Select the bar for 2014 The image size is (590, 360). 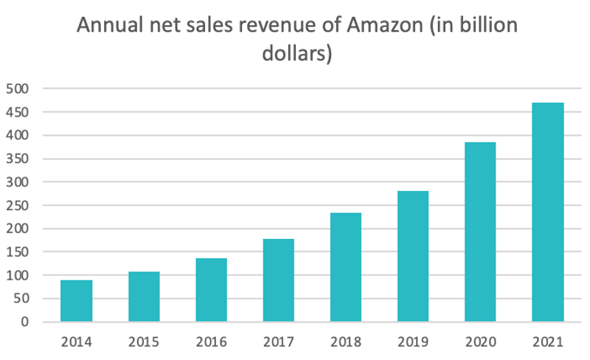[x=77, y=301]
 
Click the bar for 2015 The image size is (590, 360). [x=144, y=297]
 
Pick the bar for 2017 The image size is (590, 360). [x=278, y=280]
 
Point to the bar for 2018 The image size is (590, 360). [x=345, y=267]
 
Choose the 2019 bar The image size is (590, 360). [x=413, y=257]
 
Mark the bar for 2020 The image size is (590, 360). [x=480, y=232]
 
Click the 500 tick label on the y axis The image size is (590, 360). [x=18, y=89]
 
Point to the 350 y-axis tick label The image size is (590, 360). [x=18, y=159]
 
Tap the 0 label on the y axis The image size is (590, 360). [x=25, y=322]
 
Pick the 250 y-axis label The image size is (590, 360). [x=18, y=205]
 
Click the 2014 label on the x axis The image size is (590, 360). [x=77, y=342]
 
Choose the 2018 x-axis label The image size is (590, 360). [x=345, y=342]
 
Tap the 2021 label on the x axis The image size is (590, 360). [x=547, y=342]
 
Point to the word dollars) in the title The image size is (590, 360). [x=297, y=55]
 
